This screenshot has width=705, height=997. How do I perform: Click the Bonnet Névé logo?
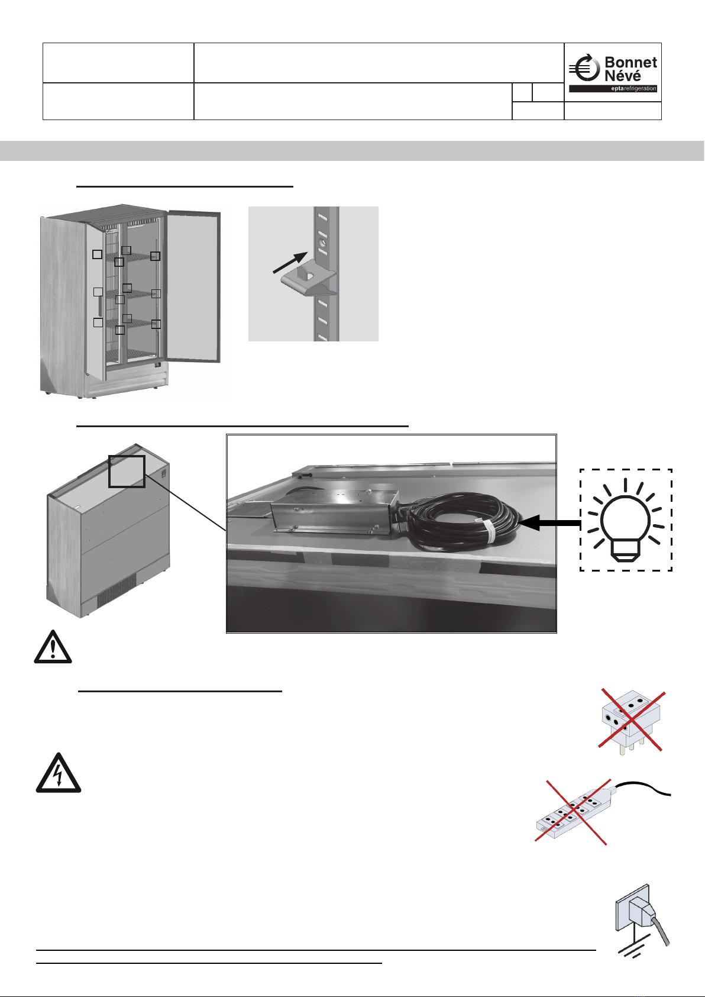613,73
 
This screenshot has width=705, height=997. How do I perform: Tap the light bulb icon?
625,520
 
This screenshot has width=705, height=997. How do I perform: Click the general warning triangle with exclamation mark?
53,647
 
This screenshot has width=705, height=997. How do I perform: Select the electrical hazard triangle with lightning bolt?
59,773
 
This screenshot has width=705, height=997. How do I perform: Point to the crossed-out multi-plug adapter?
631,721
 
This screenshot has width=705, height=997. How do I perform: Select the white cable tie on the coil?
489,532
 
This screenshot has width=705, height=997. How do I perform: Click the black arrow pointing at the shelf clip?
290,262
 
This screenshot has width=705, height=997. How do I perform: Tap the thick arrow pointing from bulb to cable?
549,522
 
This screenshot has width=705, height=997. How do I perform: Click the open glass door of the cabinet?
193,286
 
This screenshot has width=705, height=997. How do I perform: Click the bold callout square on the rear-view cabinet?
127,472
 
